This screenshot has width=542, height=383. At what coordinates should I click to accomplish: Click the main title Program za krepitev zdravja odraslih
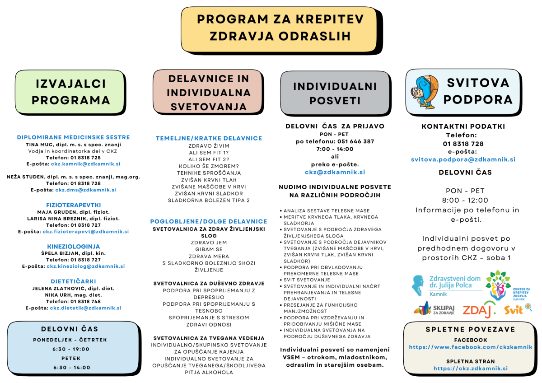(280, 28)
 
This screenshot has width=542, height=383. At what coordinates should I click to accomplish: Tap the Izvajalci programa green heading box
(70, 92)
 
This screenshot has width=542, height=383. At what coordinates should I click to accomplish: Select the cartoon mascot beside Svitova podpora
(425, 91)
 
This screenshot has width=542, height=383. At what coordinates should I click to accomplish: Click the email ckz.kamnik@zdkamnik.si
(85, 164)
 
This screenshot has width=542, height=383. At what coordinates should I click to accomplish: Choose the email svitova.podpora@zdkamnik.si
(463, 159)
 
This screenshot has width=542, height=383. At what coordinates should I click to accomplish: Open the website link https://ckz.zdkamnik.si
(470, 368)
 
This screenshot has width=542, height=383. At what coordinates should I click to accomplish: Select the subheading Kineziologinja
(73, 247)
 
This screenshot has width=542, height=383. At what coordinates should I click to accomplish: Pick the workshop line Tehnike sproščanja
(209, 173)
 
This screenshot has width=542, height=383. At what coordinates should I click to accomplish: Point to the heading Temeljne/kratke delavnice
(209, 138)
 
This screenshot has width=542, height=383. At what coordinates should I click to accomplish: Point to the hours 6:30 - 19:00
(71, 349)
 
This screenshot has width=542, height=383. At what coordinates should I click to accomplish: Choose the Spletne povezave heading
(470, 330)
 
